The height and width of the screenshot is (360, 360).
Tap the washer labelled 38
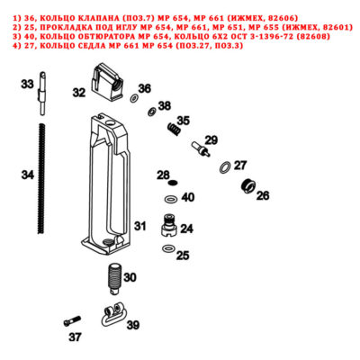coord(152,112)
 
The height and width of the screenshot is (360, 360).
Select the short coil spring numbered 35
coord(174,129)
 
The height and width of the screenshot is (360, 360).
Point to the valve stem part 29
coord(201,149)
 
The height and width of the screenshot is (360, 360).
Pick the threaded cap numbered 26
coord(248,186)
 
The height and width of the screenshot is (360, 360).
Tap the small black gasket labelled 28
coord(173,183)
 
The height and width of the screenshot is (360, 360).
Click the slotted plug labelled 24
coord(169,226)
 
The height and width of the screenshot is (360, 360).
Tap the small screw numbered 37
coord(72,321)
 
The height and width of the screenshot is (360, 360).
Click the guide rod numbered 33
coord(42,94)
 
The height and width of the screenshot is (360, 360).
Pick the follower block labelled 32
coord(107,83)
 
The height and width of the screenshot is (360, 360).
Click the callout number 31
coord(139,226)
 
